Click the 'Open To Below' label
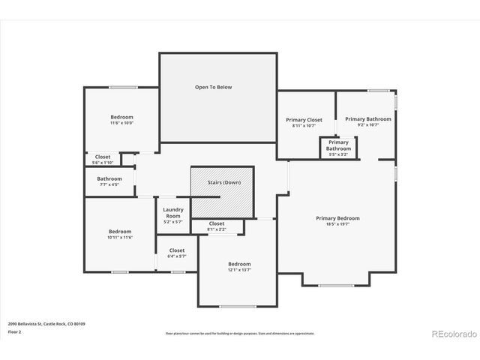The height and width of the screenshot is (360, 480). pyautogui.click(x=214, y=87)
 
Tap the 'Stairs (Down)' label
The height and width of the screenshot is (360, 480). pyautogui.click(x=221, y=182)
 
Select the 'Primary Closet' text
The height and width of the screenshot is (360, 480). pyautogui.click(x=304, y=120)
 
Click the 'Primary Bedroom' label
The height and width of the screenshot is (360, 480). pyautogui.click(x=337, y=218)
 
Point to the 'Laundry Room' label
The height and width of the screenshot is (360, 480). pyautogui.click(x=172, y=213)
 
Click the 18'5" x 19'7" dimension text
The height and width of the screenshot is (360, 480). pyautogui.click(x=337, y=224)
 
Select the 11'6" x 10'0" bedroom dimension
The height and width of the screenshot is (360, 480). pyautogui.click(x=121, y=123)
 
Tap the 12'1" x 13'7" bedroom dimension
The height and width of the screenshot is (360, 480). pyautogui.click(x=239, y=270)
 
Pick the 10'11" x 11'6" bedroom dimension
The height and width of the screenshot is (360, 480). pyautogui.click(x=120, y=238)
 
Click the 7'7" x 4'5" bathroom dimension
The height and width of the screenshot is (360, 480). pyautogui.click(x=109, y=184)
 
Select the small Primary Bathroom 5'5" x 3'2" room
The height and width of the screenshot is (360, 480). pyautogui.click(x=338, y=148)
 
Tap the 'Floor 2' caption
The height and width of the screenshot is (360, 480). pyautogui.click(x=14, y=331)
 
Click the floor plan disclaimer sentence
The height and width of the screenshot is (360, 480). pyautogui.click(x=240, y=333)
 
